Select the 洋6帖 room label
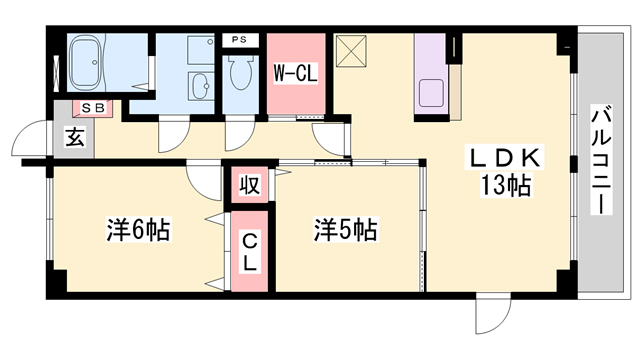point(138,230)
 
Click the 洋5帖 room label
point(346,230)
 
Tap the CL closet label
point(250,250)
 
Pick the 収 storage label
point(249,186)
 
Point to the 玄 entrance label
point(75,138)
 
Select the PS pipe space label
point(238,40)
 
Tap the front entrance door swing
point(32,140)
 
